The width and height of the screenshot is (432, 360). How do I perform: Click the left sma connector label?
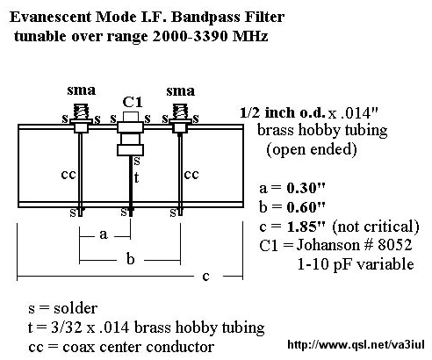[82, 90]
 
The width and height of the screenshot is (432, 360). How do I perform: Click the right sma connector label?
[181, 90]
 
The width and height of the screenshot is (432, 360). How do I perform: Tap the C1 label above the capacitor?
[133, 103]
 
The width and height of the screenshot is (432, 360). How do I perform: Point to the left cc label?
[68, 175]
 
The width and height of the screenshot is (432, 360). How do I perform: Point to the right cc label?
[191, 175]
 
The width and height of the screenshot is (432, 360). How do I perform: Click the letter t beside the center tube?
[136, 177]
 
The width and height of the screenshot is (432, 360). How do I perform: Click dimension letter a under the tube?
[104, 234]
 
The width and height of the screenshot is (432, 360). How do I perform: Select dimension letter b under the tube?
[131, 259]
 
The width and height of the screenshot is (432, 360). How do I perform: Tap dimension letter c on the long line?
[205, 277]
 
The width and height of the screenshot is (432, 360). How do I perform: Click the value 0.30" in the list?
[306, 188]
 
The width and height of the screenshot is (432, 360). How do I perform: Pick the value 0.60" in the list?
[306, 207]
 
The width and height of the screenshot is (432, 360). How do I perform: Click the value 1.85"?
[306, 227]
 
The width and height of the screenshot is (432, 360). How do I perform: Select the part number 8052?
[395, 245]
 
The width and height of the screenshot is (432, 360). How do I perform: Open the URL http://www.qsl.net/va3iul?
[356, 344]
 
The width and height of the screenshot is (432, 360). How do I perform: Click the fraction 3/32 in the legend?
[66, 328]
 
